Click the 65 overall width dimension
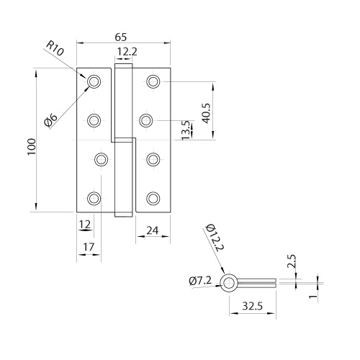click(x=120, y=37)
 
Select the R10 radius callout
click(x=55, y=49)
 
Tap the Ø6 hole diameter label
click(x=51, y=120)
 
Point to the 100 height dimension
click(x=32, y=147)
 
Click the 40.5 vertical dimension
click(x=206, y=113)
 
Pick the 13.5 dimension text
click(x=186, y=130)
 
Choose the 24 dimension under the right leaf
click(x=153, y=230)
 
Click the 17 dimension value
click(x=89, y=247)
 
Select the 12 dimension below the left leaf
click(x=85, y=225)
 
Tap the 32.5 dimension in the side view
click(x=252, y=306)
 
